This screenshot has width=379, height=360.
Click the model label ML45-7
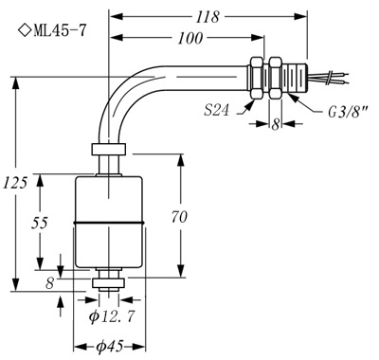[x=60, y=31]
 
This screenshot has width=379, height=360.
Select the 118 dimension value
[x=208, y=17]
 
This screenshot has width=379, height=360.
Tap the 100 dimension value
[x=190, y=38]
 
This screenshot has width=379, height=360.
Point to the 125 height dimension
[x=15, y=183]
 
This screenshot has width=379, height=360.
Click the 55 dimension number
[x=40, y=223]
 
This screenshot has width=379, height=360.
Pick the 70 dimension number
[x=179, y=217]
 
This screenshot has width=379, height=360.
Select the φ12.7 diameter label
[x=112, y=316]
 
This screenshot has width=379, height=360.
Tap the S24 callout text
[x=216, y=110]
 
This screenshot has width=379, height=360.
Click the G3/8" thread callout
[x=349, y=112]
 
